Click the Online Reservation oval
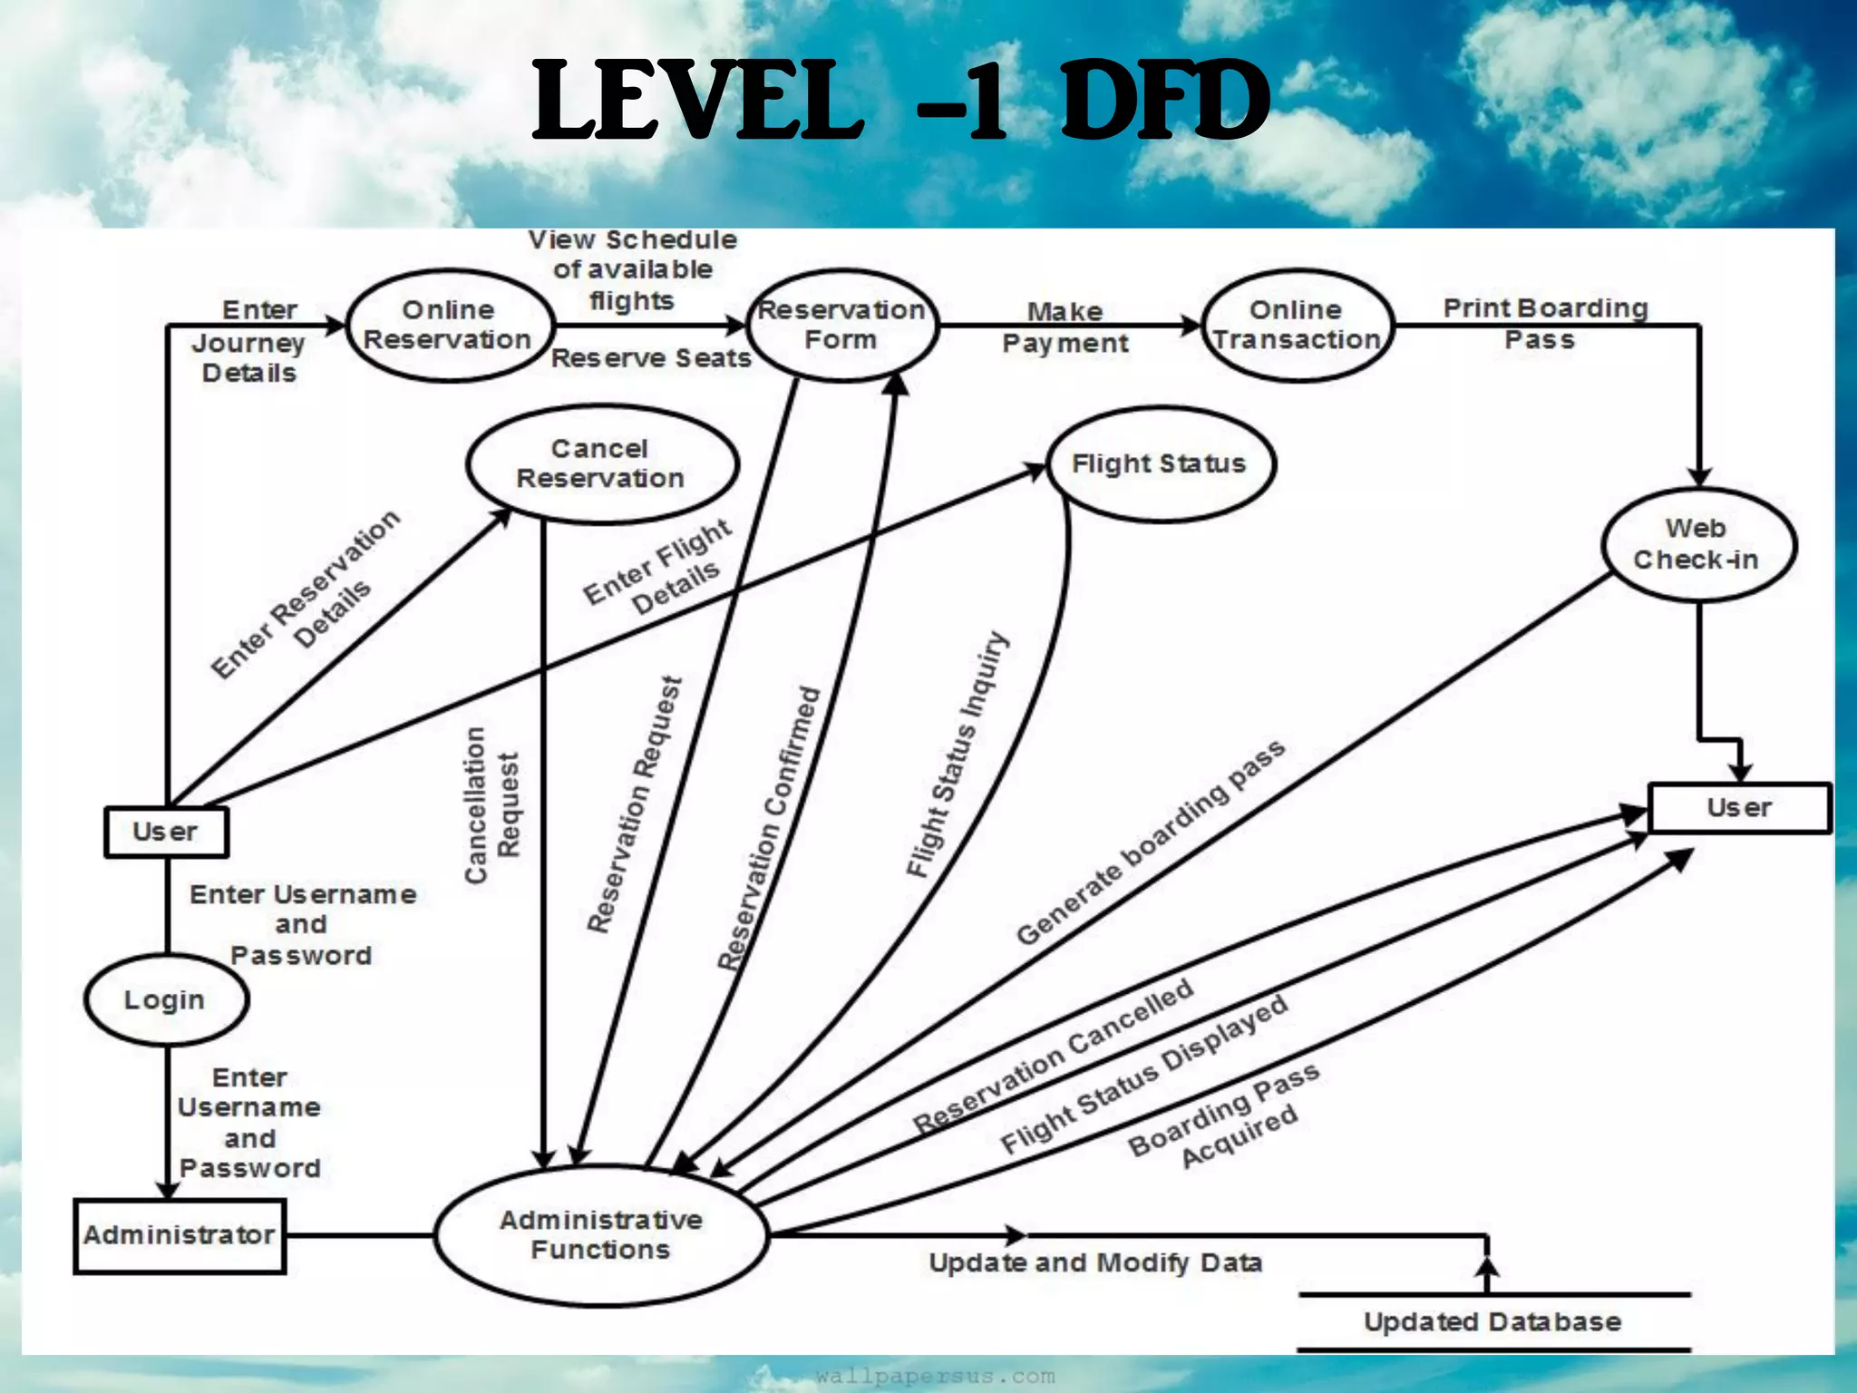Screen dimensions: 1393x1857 tap(449, 325)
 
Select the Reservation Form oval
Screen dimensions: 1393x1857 tap(842, 325)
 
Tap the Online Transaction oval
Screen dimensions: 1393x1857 tap(1297, 325)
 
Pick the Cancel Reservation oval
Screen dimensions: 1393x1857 tap(601, 463)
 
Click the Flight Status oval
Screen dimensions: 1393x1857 tap(1160, 463)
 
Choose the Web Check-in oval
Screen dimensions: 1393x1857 tap(1697, 544)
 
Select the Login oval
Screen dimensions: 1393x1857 tap(165, 999)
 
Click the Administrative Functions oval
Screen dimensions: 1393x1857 tap(601, 1234)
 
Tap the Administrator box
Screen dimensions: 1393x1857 tap(180, 1235)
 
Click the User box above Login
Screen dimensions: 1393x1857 tap(166, 832)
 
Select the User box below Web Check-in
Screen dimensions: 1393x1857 tap(1738, 807)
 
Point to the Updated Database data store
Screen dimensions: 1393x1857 tap(1492, 1321)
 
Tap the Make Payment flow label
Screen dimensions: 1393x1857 tap(1065, 327)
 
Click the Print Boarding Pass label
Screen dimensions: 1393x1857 tap(1544, 323)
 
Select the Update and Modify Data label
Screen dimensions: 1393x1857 tap(1095, 1262)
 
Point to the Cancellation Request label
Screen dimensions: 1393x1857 tap(492, 804)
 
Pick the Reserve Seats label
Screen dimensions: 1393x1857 tap(651, 358)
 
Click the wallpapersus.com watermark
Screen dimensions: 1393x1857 tap(935, 1377)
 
